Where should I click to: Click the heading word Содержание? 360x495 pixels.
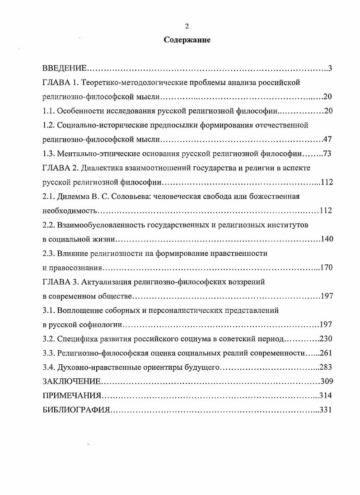[187, 40]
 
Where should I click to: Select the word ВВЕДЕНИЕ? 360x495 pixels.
[64, 68]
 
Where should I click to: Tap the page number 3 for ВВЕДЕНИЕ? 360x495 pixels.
[330, 68]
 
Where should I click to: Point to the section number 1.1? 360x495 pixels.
[48, 111]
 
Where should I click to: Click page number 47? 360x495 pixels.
[328, 139]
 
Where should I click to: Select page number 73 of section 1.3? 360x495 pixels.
[328, 154]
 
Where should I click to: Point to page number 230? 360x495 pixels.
[326, 339]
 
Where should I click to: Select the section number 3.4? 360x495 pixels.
[48, 367]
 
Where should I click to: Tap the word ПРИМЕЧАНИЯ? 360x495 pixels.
[71, 396]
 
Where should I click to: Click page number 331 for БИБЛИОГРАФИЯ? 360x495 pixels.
[326, 410]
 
